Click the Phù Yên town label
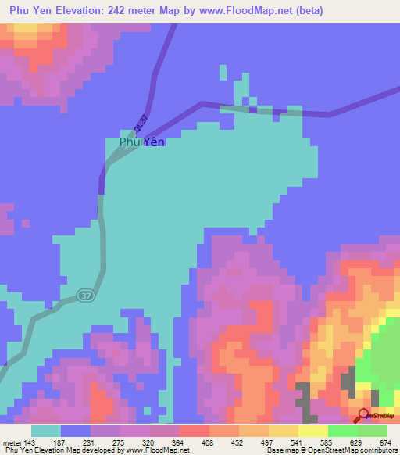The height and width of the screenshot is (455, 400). coord(141,142)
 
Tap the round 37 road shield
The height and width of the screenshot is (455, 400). coord(84,295)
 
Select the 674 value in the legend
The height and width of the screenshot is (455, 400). coord(386,442)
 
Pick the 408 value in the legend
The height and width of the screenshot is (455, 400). coord(208,442)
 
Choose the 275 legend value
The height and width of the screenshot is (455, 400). coord(119,442)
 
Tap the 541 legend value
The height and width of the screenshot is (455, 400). coord(297,442)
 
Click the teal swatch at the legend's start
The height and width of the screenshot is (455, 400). coord(46,431)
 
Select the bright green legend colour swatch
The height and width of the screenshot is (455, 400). coord(342,431)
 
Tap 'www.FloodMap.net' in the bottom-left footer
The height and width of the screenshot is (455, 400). coord(159,450)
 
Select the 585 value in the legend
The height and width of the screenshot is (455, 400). coord(327,442)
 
